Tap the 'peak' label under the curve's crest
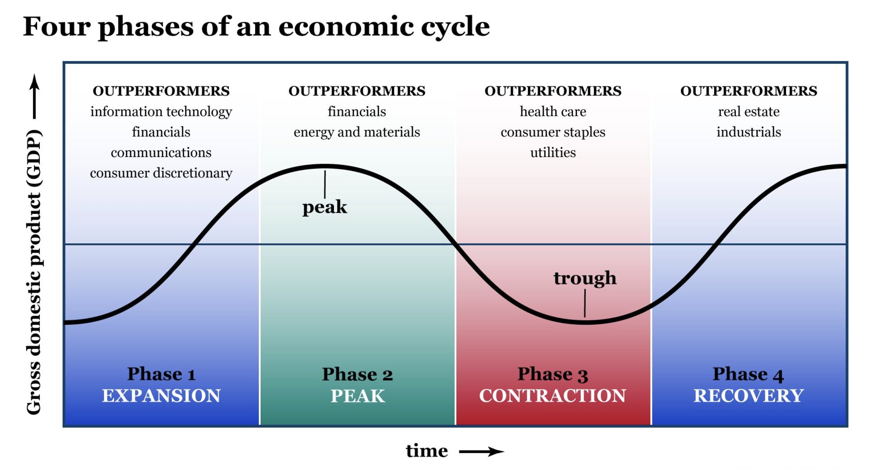[324, 207]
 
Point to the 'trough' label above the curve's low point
[585, 278]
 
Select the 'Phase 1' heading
[161, 374]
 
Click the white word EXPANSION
[161, 395]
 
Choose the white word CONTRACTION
[552, 395]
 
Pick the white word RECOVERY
[748, 395]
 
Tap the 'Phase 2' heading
[357, 374]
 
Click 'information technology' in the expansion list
[161, 112]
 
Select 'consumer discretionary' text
[161, 173]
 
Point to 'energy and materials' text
[357, 132]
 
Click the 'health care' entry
[553, 112]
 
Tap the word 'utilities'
[553, 153]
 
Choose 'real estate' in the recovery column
[749, 112]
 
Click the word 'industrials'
[749, 132]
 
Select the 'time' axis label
[427, 451]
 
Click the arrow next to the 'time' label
[481, 452]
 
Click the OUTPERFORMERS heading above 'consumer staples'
[553, 91]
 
